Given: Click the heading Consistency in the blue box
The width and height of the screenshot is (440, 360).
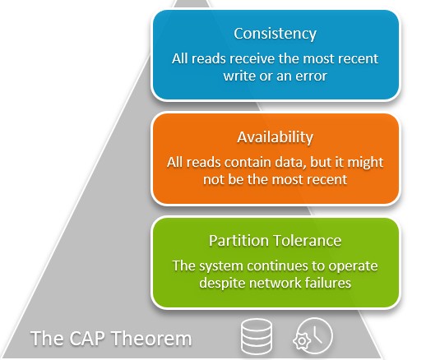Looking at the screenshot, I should tap(276, 34).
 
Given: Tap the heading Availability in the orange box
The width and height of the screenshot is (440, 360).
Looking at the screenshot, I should tap(276, 137).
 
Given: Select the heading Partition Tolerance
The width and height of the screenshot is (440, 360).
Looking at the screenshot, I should tap(276, 241).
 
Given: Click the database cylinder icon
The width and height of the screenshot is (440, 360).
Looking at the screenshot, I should tap(256, 336).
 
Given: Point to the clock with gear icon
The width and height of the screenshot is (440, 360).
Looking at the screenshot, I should tap(313, 335).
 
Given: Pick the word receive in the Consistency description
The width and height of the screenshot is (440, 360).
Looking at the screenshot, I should tap(257, 58).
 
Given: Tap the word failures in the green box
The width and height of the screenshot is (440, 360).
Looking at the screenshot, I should tap(333, 282).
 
